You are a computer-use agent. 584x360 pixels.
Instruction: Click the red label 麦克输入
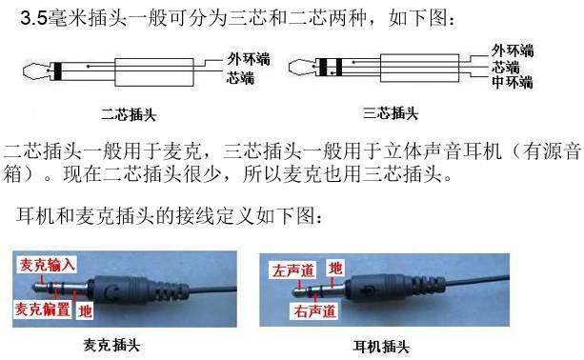48,265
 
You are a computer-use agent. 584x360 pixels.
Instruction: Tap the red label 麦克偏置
43,309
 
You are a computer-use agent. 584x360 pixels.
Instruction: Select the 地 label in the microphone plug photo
85,310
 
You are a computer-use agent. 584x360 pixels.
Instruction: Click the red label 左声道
293,270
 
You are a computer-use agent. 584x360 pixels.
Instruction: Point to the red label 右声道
314,310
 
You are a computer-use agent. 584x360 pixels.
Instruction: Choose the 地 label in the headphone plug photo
335,268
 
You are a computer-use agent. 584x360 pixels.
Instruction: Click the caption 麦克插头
111,345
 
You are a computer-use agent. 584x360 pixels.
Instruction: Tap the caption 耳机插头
381,347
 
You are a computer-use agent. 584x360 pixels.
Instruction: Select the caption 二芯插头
128,114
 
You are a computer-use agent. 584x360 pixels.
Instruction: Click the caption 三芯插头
391,113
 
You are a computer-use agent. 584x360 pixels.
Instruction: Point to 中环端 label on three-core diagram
513,82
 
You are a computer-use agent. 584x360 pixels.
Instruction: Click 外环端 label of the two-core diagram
249,59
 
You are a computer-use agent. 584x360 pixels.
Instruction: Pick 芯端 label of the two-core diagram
241,78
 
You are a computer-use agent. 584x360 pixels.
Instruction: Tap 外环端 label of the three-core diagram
513,50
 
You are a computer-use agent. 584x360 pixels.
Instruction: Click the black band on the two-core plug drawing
57,71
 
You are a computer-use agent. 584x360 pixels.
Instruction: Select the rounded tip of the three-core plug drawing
300,68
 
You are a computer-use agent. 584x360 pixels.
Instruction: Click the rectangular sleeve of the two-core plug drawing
154,72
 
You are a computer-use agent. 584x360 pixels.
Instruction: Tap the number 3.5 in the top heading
34,18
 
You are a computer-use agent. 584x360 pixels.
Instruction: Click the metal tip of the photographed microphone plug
39,288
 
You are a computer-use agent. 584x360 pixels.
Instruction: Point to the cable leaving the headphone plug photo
477,280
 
